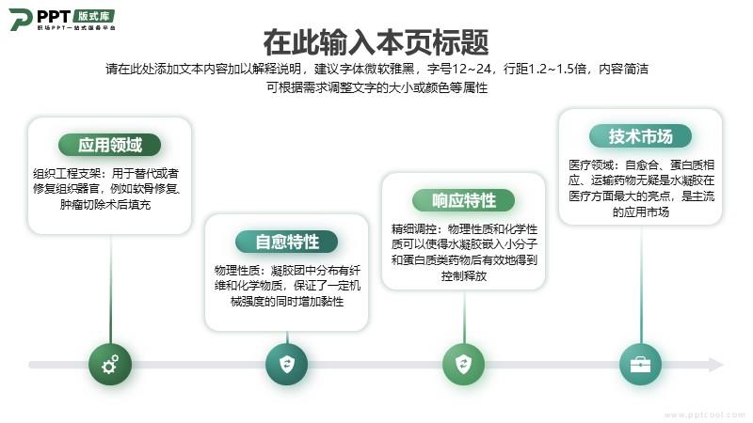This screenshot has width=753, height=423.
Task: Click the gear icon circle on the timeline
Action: click(110, 364)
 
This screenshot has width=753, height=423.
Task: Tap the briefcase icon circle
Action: click(641, 364)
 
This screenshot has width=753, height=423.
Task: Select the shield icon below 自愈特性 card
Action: click(287, 364)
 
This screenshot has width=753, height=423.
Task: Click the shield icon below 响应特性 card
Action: click(463, 364)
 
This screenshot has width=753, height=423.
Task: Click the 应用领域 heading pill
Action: click(109, 145)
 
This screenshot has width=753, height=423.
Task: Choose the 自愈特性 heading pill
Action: click(287, 242)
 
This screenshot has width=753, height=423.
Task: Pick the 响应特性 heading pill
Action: click(463, 200)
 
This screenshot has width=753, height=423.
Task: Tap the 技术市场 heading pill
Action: click(641, 136)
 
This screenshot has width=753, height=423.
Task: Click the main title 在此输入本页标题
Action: click(376, 42)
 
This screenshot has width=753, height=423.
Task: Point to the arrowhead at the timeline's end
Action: click(716, 365)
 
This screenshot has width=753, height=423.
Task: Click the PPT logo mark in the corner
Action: click(21, 19)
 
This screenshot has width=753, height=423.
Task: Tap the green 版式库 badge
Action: click(93, 16)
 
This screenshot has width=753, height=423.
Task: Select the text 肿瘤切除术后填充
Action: click(105, 205)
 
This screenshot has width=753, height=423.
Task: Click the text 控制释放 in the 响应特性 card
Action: click(463, 275)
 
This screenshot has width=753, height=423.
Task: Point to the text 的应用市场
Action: click(641, 212)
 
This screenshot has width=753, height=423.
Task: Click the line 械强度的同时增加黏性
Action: click(287, 302)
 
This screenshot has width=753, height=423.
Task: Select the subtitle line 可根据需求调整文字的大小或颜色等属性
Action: click(377, 87)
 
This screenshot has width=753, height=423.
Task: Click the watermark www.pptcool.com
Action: click(704, 415)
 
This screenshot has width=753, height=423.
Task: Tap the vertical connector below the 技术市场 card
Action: click(641, 284)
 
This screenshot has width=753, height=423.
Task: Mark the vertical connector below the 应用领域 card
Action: click(110, 289)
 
